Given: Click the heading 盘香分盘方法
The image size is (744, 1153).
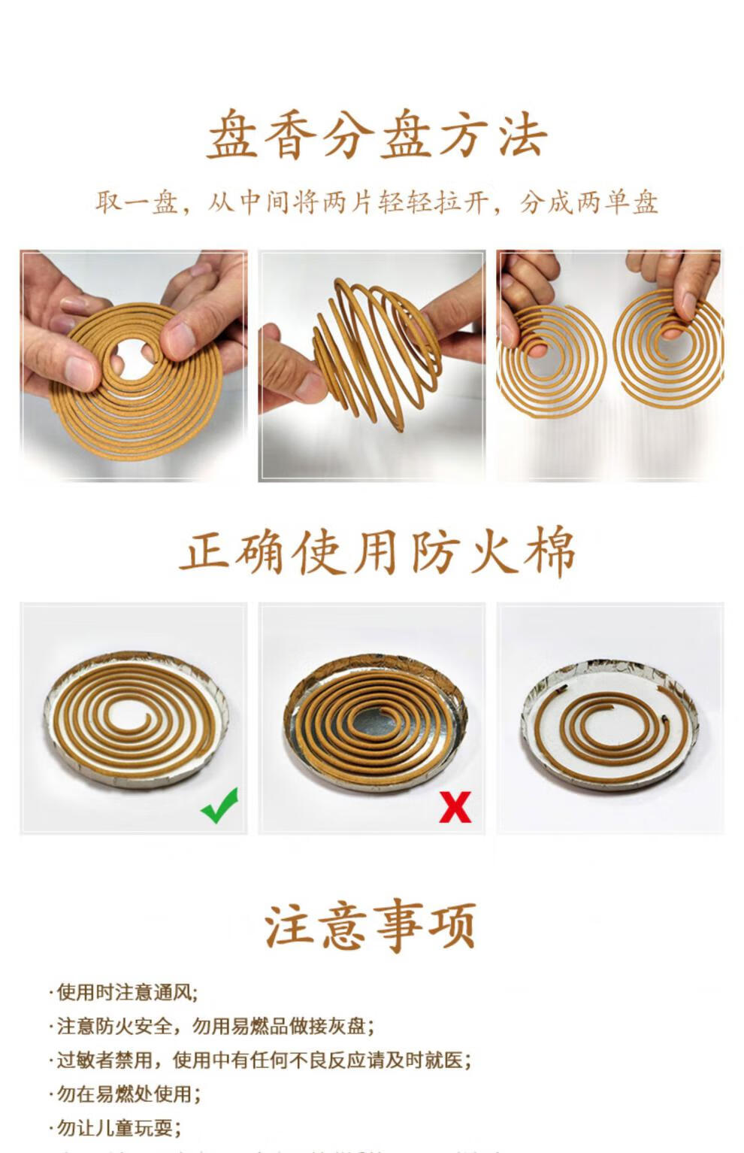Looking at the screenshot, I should (377, 136).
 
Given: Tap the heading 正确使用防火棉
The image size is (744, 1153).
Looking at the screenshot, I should (377, 552).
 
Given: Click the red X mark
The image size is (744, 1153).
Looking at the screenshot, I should (455, 807).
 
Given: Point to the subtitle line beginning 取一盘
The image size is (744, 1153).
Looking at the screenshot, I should (377, 202).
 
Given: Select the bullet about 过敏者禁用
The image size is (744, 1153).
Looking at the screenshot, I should (263, 1060).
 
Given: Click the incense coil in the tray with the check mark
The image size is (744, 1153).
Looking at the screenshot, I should (135, 718).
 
